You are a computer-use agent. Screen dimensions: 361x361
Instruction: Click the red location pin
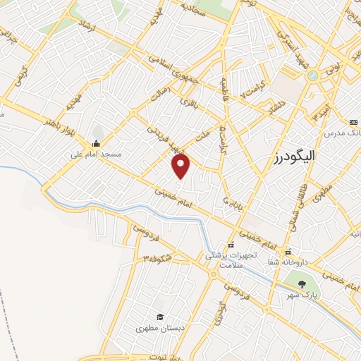tap(181, 166)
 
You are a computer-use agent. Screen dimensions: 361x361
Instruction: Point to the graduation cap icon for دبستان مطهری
tap(160, 318)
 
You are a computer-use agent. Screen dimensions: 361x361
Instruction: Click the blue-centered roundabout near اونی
tap(312, 75)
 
